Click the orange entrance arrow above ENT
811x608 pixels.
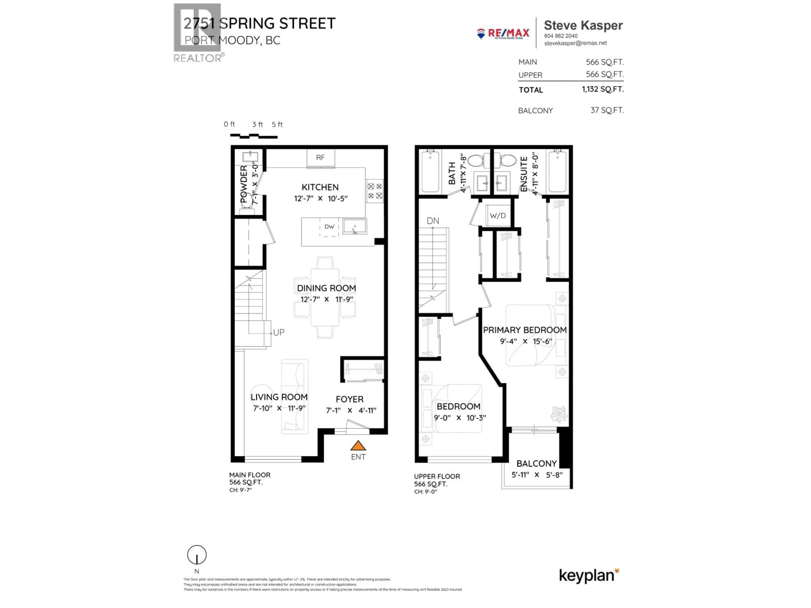click(358, 446)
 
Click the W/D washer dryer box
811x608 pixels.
click(498, 216)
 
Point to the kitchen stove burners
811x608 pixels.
click(375, 191)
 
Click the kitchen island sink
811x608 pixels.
click(355, 227)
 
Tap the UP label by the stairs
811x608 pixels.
click(279, 332)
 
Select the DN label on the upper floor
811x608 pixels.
click(433, 221)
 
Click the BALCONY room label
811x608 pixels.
click(536, 464)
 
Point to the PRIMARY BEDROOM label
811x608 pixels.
click(525, 330)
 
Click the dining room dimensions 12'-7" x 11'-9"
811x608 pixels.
click(327, 299)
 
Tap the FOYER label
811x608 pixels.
click(349, 399)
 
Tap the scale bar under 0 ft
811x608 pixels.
click(253, 136)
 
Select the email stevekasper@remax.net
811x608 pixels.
click(575, 43)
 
